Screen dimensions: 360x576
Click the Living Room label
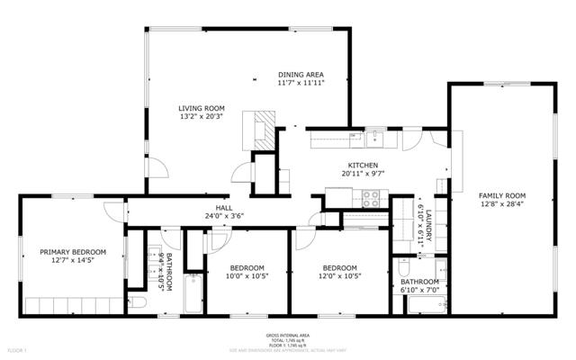click(202, 107)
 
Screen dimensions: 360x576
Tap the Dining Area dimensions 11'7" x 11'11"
click(301, 83)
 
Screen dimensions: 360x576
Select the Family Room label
click(502, 195)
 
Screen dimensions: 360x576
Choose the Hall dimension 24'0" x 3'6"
click(224, 216)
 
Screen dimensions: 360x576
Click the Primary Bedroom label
click(72, 252)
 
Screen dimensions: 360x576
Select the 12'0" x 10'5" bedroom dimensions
click(340, 276)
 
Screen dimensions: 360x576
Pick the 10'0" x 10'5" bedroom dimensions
click(247, 276)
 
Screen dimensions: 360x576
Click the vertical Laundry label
click(429, 224)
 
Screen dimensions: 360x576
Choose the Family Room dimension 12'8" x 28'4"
click(502, 204)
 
